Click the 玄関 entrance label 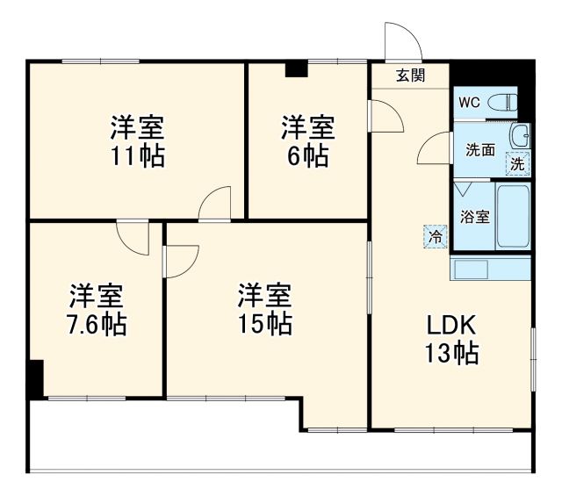tap(409, 75)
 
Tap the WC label tap(469, 102)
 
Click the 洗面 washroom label tap(479, 150)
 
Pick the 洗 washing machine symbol tap(518, 162)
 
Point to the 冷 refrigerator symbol tap(436, 236)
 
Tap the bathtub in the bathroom tap(513, 216)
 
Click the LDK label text tap(451, 326)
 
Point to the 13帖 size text tap(451, 354)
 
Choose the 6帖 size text tap(307, 156)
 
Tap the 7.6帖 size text tap(97, 324)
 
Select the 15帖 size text tap(264, 323)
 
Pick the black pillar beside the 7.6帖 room tap(34, 377)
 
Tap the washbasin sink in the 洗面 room tap(521, 137)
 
